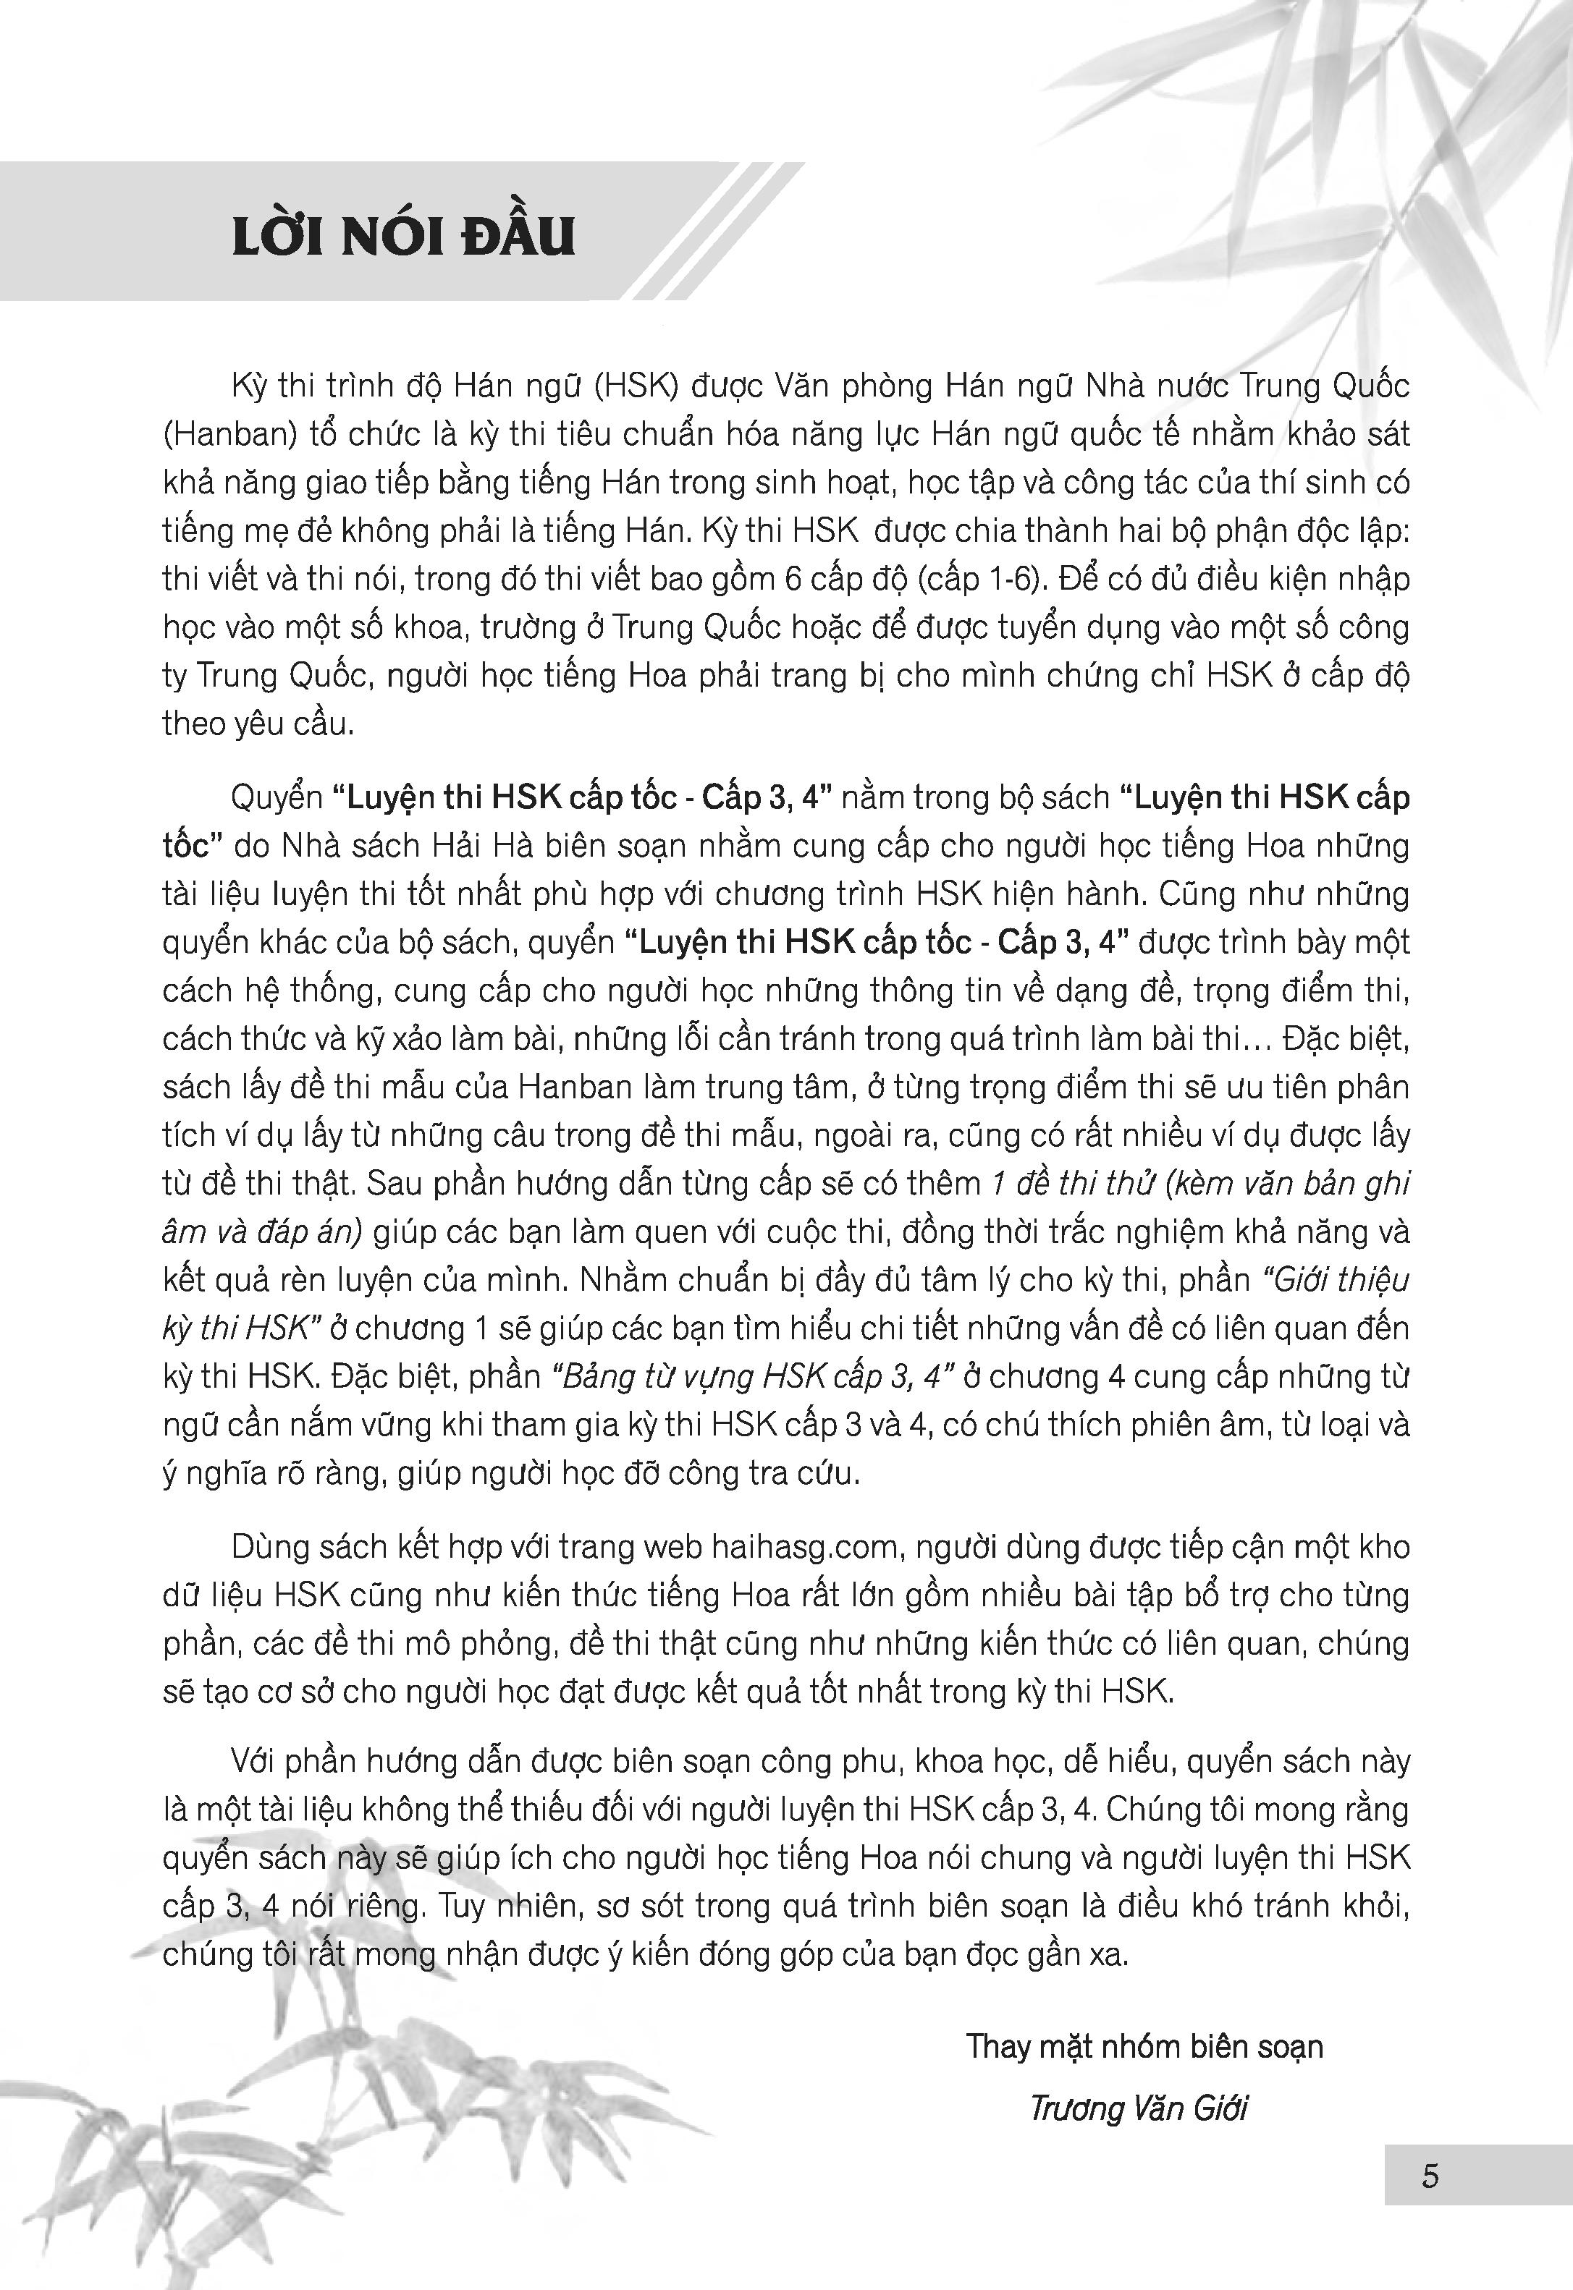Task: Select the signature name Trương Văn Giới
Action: tap(1139, 2108)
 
